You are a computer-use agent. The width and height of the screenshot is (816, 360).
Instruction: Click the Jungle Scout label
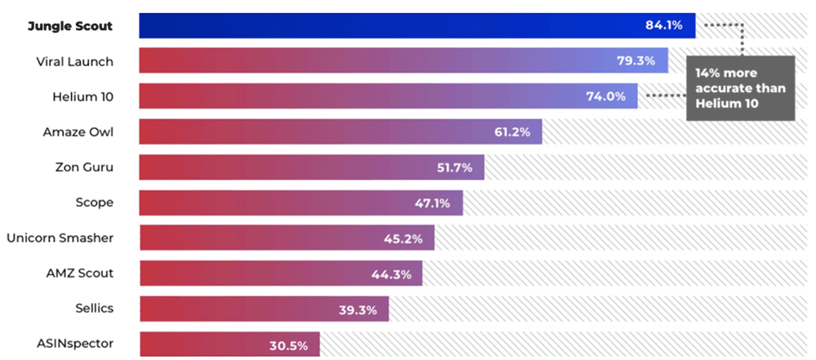point(70,26)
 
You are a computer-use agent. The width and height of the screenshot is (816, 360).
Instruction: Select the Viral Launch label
point(74,61)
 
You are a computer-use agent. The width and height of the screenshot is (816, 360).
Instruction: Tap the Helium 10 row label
point(82,96)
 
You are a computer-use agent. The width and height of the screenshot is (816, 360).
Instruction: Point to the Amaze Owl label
point(78,132)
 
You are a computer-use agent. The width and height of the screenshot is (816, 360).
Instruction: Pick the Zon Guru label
point(84,167)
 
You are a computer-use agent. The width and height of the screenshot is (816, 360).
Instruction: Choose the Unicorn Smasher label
point(60,238)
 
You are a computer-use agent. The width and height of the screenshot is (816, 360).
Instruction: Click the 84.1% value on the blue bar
point(663,25)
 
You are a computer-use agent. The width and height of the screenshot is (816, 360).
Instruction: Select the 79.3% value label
point(638,61)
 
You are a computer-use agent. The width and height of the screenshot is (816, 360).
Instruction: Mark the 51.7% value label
point(455,167)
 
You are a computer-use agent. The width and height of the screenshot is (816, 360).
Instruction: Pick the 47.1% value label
point(432,203)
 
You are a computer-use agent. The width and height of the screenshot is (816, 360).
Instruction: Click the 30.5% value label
point(289,345)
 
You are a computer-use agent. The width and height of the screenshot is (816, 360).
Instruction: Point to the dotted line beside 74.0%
point(664,96)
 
